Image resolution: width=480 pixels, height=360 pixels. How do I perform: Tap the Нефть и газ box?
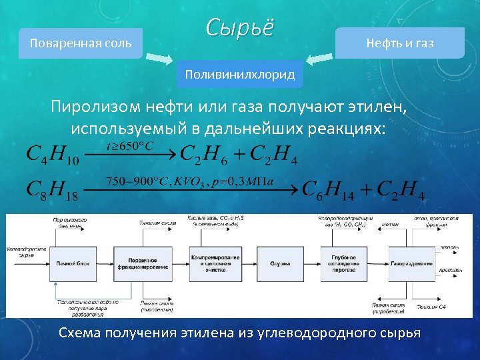click(399, 43)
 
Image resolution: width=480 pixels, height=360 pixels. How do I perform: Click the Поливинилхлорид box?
click(240, 75)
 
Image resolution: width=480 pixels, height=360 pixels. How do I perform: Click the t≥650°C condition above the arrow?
click(131, 144)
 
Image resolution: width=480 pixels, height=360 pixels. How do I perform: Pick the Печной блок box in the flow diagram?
click(70, 264)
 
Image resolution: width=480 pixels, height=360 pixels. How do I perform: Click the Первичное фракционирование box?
click(139, 264)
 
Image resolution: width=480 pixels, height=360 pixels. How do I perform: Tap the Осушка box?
click(279, 264)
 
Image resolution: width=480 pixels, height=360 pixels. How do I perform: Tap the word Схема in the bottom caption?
click(81, 332)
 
